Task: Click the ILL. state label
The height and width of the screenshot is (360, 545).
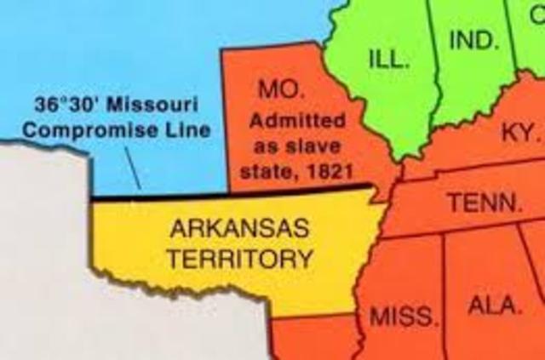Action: (x=390, y=60)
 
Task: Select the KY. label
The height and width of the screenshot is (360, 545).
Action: (x=519, y=134)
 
